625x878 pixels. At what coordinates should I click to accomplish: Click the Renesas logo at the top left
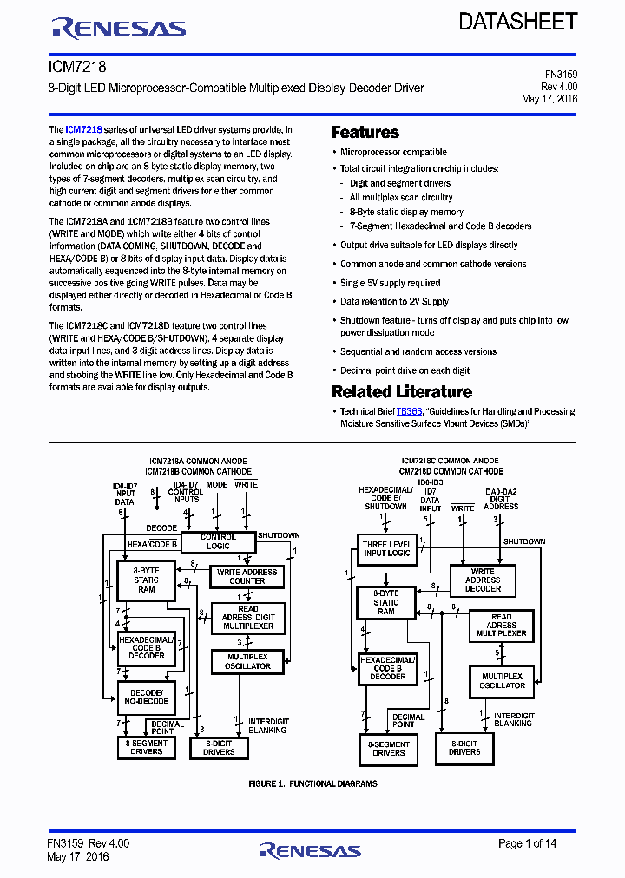[119, 29]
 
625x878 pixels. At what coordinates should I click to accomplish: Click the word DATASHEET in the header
[518, 22]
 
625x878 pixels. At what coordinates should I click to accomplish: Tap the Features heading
[365, 133]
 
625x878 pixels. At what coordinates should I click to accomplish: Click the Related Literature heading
[402, 392]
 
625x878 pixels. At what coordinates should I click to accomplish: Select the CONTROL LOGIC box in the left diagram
[218, 541]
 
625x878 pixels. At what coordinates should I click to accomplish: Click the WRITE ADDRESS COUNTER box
[247, 576]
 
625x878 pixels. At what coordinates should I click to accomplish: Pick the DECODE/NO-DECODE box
[146, 697]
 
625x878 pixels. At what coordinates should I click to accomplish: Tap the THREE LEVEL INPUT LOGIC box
[387, 548]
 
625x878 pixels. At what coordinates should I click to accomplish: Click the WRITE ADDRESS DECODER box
[483, 580]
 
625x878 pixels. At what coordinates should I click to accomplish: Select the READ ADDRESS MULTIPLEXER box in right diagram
[502, 625]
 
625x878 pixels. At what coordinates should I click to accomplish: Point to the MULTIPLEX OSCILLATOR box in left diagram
[247, 661]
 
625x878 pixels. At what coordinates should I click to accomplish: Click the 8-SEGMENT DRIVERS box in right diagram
[388, 749]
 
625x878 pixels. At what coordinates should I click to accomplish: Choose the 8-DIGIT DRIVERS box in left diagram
[219, 747]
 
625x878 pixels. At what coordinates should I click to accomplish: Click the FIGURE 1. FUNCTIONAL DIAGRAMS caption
[312, 783]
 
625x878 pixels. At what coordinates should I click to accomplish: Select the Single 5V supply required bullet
[390, 283]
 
